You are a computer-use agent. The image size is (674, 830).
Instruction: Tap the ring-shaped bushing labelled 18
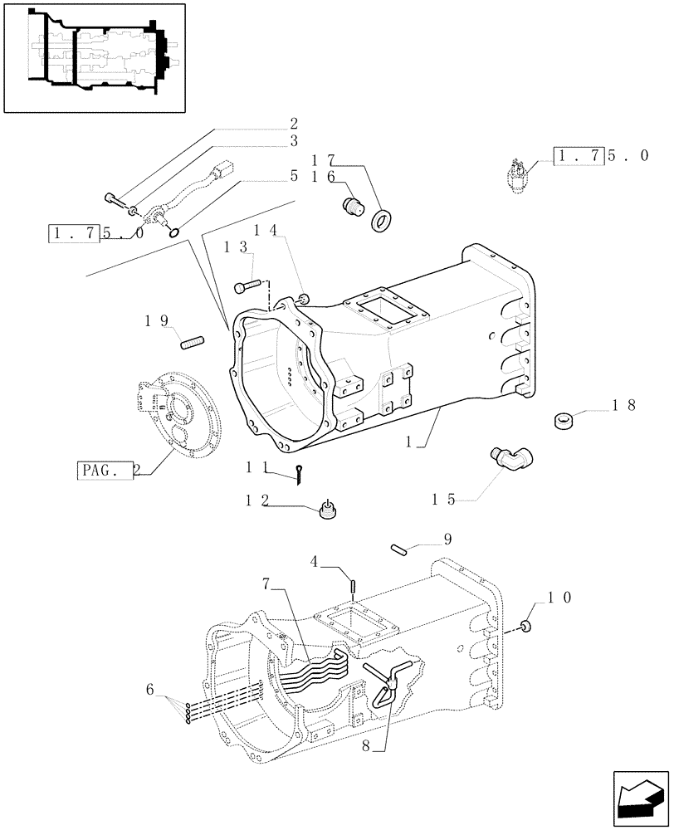[x=564, y=420]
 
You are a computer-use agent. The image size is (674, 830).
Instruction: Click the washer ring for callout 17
[x=383, y=221]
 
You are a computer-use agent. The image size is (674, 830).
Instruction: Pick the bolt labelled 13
[x=247, y=286]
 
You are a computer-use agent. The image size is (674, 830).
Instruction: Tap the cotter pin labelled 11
[x=300, y=473]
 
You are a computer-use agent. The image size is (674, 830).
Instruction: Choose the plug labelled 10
[x=525, y=624]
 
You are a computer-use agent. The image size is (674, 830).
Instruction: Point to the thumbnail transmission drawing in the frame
[x=94, y=56]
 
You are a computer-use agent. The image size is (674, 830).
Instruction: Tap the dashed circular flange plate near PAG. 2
[x=178, y=411]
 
